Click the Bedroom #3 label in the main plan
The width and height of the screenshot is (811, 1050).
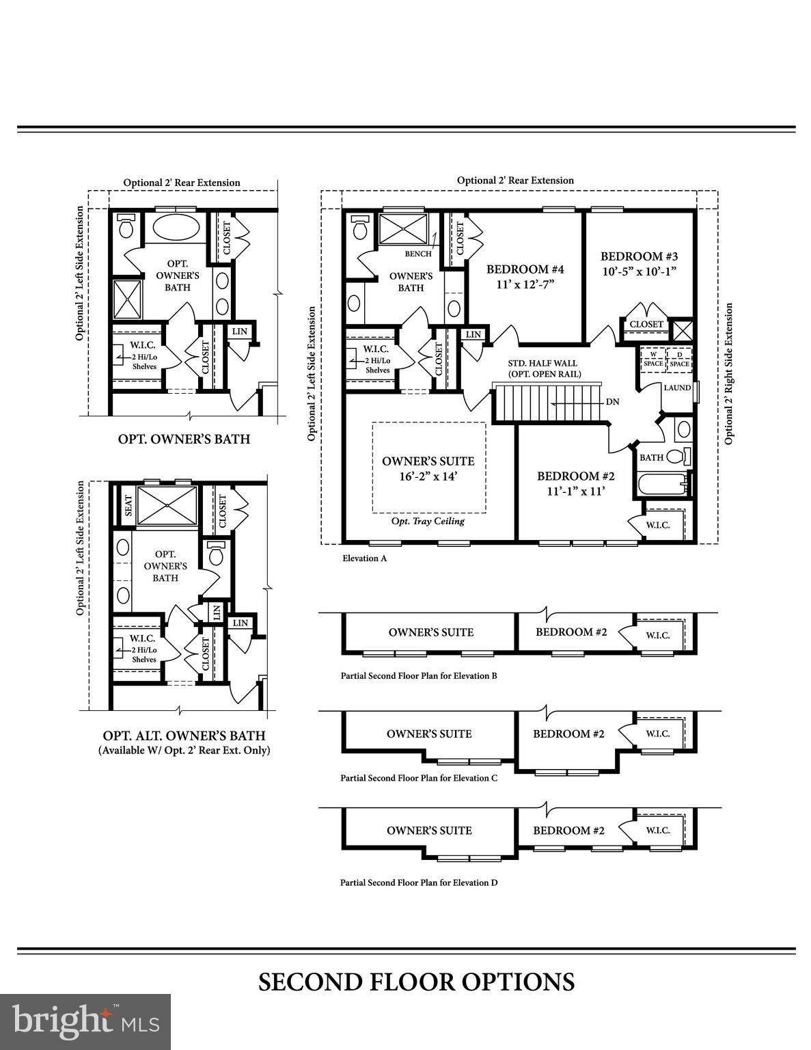point(639,256)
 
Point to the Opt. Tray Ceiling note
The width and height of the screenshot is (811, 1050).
point(428,521)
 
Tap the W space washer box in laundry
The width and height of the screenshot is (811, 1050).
point(653,360)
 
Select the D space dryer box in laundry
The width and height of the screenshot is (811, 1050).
point(679,360)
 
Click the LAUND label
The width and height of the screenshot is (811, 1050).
point(677,388)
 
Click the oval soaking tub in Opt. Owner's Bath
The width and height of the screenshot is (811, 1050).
point(175,226)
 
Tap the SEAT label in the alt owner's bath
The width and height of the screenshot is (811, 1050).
point(127,506)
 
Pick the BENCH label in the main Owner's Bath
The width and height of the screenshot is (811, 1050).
point(418,254)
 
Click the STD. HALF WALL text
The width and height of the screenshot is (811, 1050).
point(542,364)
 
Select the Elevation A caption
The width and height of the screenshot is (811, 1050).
point(365,558)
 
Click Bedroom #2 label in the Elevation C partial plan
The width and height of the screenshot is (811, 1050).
point(568,734)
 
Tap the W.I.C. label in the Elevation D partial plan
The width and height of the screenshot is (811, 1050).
point(658,830)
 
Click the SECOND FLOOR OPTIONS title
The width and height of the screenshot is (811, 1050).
point(416,982)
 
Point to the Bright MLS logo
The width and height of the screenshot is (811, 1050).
point(85,1021)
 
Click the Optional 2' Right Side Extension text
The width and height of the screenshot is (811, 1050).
point(729,374)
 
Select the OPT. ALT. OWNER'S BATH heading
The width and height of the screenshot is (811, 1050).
point(184,736)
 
